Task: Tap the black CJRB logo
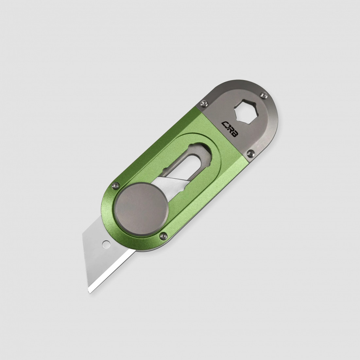(230, 130)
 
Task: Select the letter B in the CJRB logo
(235, 136)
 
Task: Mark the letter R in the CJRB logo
(231, 132)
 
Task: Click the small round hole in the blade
(106, 244)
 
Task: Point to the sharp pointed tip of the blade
(89, 293)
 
